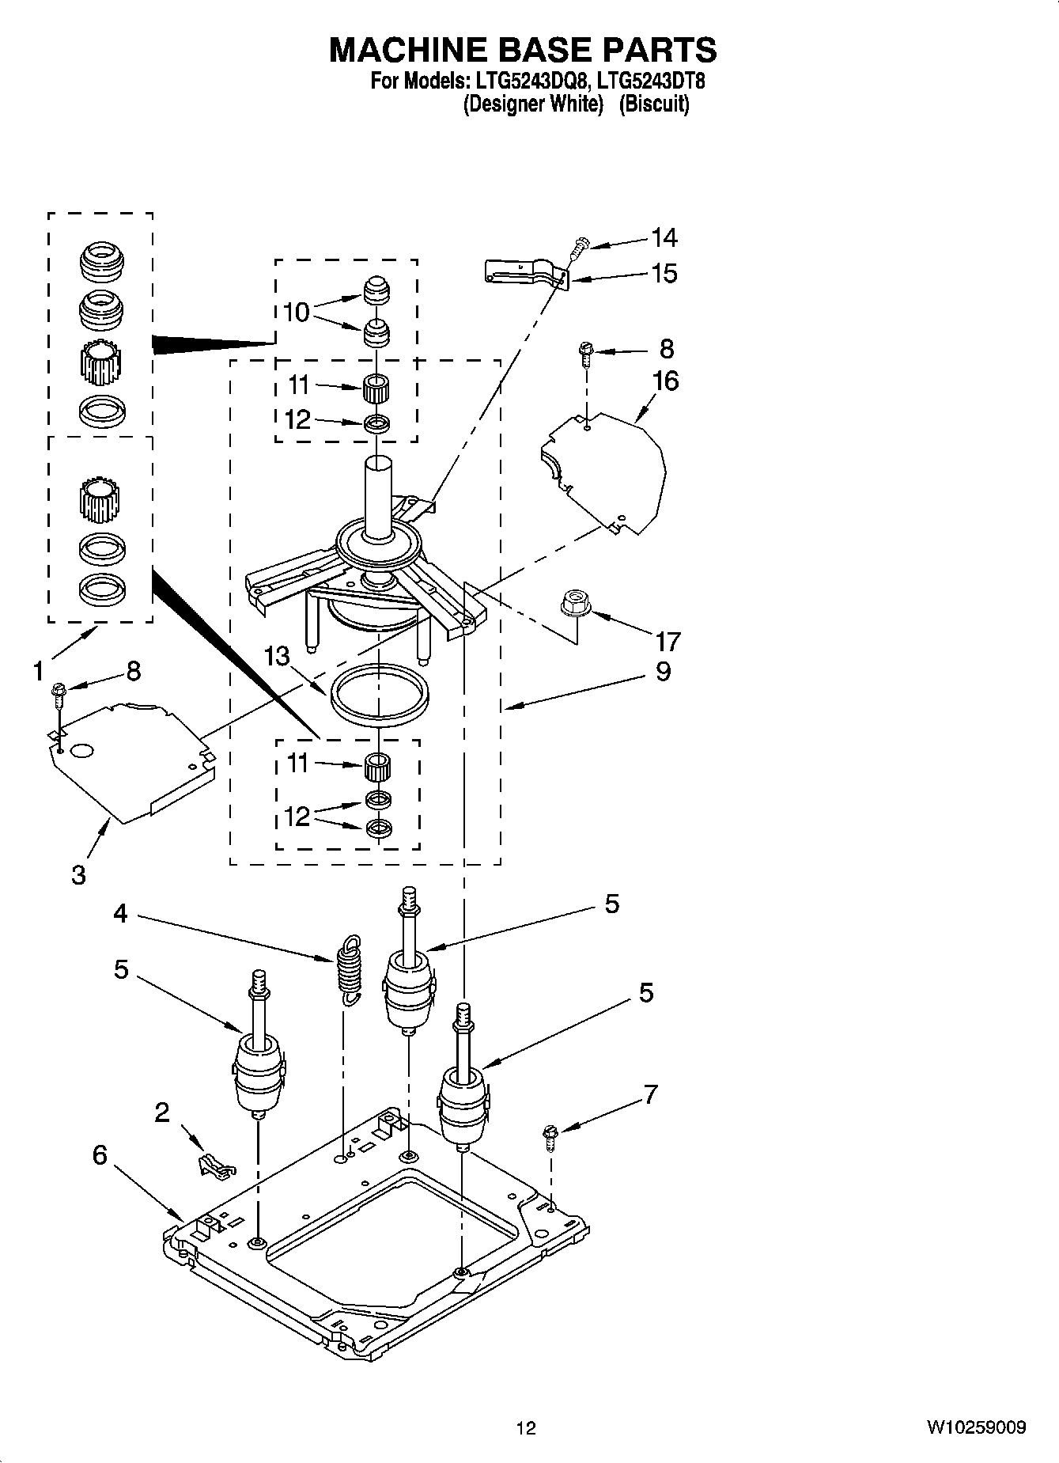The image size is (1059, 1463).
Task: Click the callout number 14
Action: [x=664, y=237]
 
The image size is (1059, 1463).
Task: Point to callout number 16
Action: [x=665, y=381]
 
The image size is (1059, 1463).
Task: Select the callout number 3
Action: [x=78, y=875]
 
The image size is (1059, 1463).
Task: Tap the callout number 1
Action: [x=38, y=671]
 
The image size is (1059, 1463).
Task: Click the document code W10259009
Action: [x=976, y=1427]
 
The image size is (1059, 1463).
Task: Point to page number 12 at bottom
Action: [x=526, y=1427]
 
